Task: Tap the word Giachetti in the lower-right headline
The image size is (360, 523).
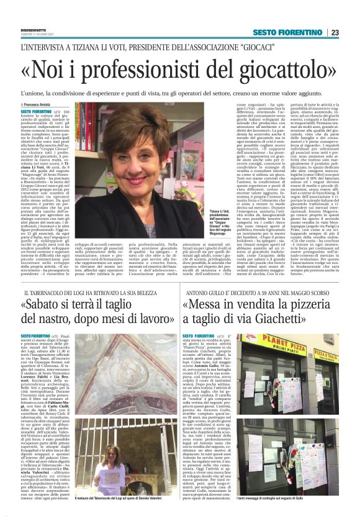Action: click(292, 320)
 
